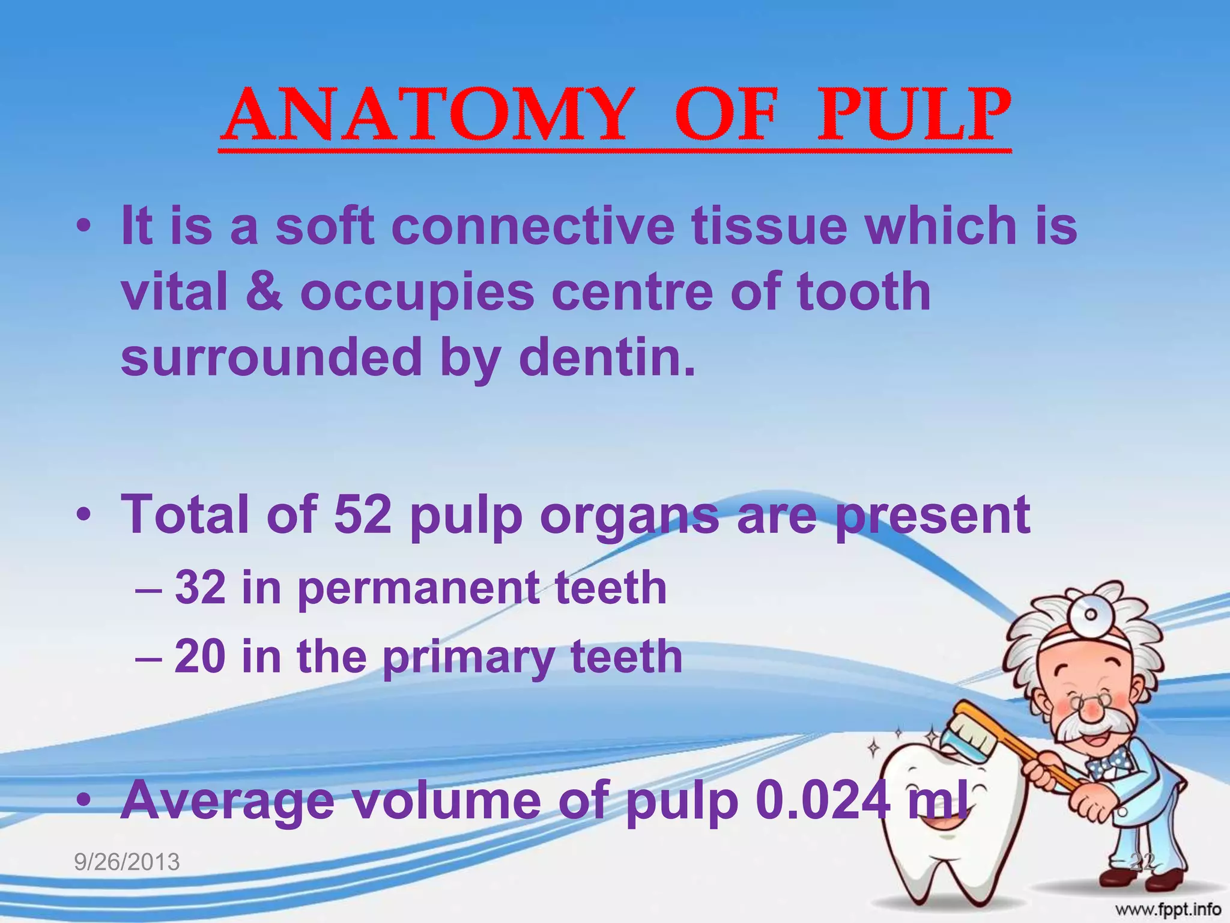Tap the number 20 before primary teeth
point(201,656)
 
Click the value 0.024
point(823,799)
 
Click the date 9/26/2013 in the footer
point(127,862)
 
